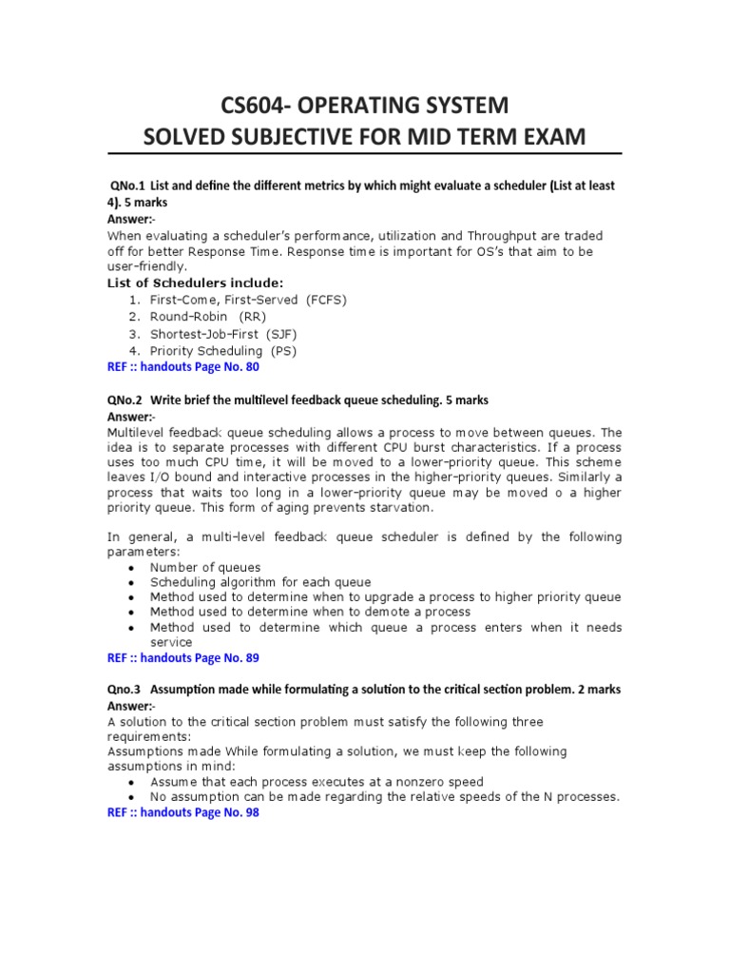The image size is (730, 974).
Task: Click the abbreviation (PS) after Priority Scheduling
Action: click(282, 351)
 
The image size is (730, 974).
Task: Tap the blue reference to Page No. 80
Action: click(182, 366)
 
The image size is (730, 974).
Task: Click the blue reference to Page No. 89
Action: click(182, 657)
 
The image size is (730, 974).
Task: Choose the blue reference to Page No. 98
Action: click(182, 813)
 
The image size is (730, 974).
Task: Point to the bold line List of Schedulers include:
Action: click(195, 282)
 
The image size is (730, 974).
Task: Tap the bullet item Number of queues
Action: click(205, 567)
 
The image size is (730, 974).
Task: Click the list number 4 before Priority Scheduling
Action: click(134, 351)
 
